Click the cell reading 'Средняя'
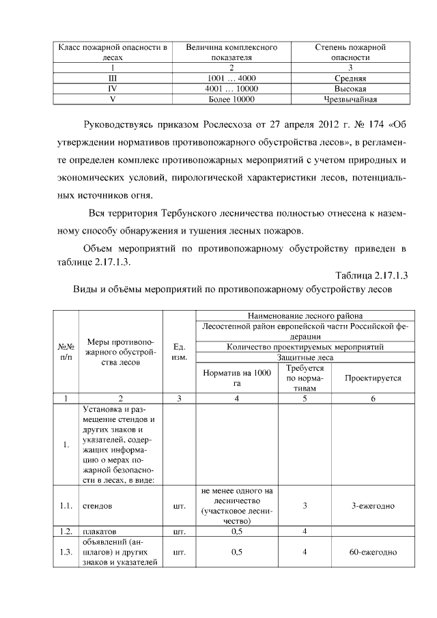tap(350, 79)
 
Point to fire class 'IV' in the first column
tap(113, 89)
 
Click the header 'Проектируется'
tap(373, 378)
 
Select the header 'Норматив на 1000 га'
tap(237, 378)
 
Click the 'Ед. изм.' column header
tap(180, 352)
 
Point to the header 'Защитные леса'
tap(305, 357)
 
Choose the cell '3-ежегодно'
tap(373, 506)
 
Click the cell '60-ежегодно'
tap(373, 552)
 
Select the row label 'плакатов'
tap(100, 530)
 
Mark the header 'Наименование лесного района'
tap(305, 315)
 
